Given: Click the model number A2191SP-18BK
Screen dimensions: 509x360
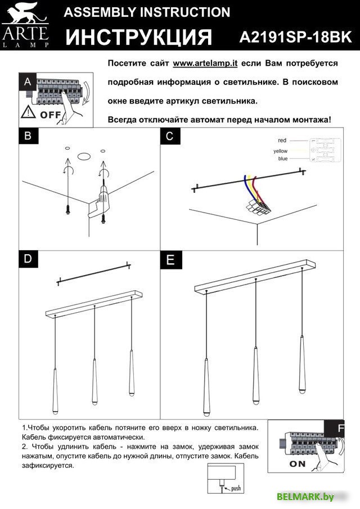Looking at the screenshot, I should tap(295, 37).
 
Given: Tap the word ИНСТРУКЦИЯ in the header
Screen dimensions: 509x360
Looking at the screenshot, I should tap(139, 37).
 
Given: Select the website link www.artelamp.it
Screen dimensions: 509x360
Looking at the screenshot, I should tap(205, 64).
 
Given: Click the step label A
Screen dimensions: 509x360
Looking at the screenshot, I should tap(28, 82).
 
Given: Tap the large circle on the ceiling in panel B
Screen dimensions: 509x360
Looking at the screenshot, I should tap(84, 157).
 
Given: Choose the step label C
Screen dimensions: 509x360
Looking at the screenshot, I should tap(169, 136).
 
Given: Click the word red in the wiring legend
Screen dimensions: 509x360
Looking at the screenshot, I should tap(282, 139).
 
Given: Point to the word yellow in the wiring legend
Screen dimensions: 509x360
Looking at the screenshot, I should tap(280, 151).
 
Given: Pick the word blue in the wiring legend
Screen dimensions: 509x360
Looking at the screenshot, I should tap(282, 159).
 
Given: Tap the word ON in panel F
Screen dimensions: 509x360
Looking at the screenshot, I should tap(298, 464).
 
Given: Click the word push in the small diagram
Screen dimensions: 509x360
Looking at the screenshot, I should tap(236, 488).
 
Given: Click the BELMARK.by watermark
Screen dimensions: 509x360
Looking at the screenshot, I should tap(305, 496).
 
